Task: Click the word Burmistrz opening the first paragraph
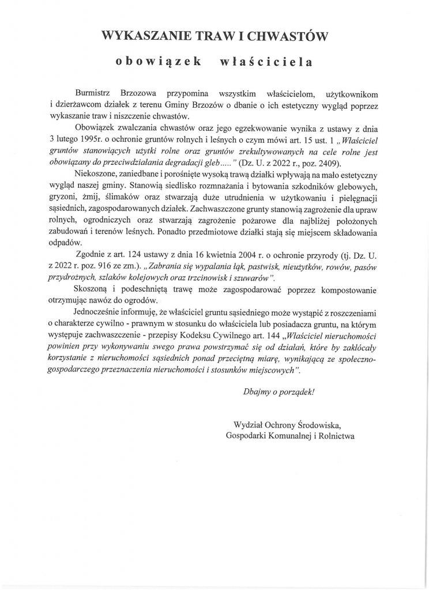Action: click(x=93, y=93)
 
